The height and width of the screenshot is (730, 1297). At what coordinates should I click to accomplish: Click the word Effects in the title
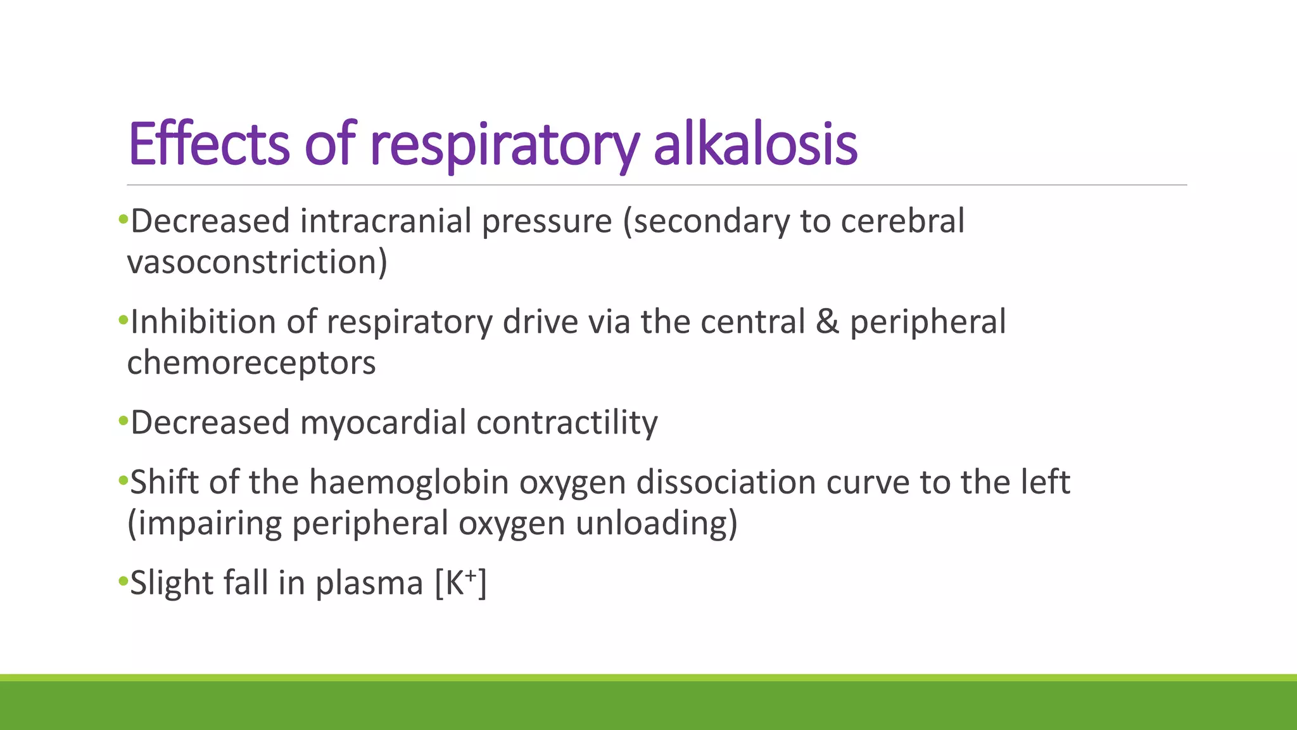click(x=209, y=144)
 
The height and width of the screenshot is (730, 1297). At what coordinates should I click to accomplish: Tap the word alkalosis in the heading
click(x=755, y=144)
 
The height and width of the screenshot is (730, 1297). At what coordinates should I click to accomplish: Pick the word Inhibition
click(x=203, y=322)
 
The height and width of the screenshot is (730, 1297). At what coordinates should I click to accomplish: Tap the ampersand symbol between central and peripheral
click(x=827, y=322)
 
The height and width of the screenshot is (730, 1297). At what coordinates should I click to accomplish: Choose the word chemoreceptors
click(x=251, y=362)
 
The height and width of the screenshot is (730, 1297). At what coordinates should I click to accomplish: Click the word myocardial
click(x=383, y=423)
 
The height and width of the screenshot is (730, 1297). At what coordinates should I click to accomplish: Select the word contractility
click(x=567, y=423)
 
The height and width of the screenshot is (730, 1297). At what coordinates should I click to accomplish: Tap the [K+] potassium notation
click(x=460, y=583)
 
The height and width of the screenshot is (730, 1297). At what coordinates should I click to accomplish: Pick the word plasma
click(x=369, y=583)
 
